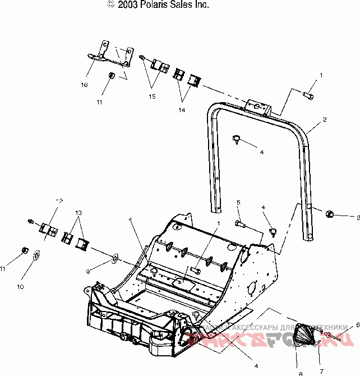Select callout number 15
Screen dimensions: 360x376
click(152, 96)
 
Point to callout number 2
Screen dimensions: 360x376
click(324, 120)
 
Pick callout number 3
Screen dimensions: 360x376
click(352, 217)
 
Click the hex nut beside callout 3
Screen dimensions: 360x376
click(330, 213)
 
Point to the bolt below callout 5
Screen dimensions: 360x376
click(241, 224)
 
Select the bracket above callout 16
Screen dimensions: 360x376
click(112, 53)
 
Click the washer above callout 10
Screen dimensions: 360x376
click(35, 255)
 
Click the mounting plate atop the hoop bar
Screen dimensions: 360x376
click(258, 107)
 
